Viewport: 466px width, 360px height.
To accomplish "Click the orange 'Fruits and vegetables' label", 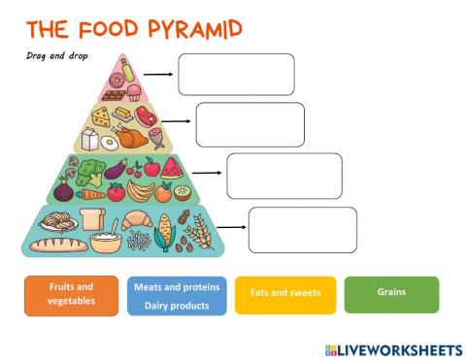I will (x=72, y=295).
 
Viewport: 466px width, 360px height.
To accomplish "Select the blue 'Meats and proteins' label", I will (x=176, y=296).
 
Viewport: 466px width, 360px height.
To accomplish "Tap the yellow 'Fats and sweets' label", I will (x=285, y=293).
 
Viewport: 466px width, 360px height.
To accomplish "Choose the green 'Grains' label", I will (x=391, y=293).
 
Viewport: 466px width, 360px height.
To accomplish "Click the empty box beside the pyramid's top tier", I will (x=235, y=75).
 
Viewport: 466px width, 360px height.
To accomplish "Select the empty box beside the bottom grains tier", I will (x=295, y=230).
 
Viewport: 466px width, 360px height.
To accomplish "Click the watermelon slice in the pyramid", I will (x=172, y=167).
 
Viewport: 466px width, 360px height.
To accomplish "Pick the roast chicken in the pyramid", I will (x=134, y=138).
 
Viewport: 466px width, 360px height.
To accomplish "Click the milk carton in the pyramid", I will (x=91, y=139).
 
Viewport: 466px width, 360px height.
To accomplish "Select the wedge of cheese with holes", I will (x=101, y=116).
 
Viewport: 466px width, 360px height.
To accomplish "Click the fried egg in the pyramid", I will (x=109, y=142).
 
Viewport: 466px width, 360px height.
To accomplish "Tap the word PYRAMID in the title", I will (x=190, y=28).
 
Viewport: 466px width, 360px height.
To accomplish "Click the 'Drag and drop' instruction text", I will (x=57, y=55).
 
